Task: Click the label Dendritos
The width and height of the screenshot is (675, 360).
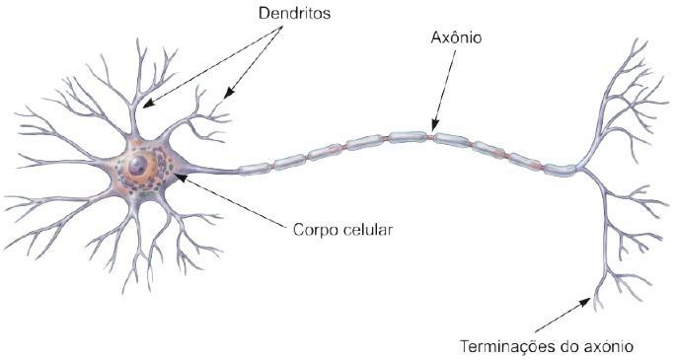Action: click(x=293, y=16)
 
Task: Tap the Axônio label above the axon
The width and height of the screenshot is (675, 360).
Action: click(x=458, y=39)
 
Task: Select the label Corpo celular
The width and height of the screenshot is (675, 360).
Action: click(x=342, y=231)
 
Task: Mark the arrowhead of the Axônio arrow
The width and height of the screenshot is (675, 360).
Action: click(x=431, y=129)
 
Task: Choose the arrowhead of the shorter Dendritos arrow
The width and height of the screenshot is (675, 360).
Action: click(x=226, y=98)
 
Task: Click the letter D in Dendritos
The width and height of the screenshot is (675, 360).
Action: click(x=262, y=16)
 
